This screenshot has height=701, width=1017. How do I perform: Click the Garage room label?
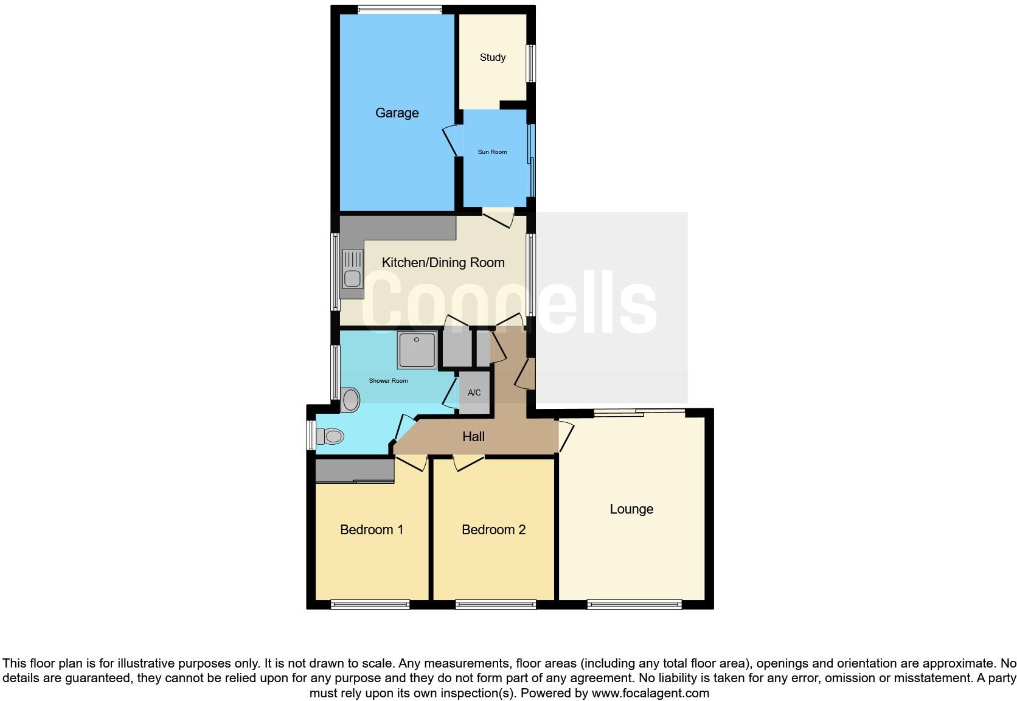coord(397,113)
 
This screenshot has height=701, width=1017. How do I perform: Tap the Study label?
coord(492,57)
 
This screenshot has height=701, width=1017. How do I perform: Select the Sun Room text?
coord(492,152)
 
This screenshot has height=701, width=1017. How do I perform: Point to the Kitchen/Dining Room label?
coord(443,262)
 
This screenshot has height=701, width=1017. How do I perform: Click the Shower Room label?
coord(388,381)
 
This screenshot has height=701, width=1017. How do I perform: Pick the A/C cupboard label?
coord(474,393)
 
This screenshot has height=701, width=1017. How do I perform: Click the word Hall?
coord(473,436)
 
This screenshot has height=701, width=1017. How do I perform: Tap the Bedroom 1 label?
coord(372,529)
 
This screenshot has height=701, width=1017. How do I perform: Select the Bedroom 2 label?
coord(493,529)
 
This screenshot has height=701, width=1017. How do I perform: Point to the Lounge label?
coord(631,509)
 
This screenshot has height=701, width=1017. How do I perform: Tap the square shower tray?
coord(417,350)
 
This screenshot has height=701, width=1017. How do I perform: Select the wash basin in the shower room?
coord(350,400)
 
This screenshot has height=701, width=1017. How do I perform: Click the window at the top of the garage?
coord(399,9)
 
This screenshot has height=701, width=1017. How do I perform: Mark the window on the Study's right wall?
coord(531,63)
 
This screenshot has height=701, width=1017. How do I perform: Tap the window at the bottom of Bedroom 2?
coord(495,604)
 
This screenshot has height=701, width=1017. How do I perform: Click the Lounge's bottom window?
coord(634,604)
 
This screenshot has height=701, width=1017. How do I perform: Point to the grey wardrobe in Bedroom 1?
coord(355,470)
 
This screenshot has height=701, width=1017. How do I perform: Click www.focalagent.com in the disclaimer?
coord(650,693)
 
